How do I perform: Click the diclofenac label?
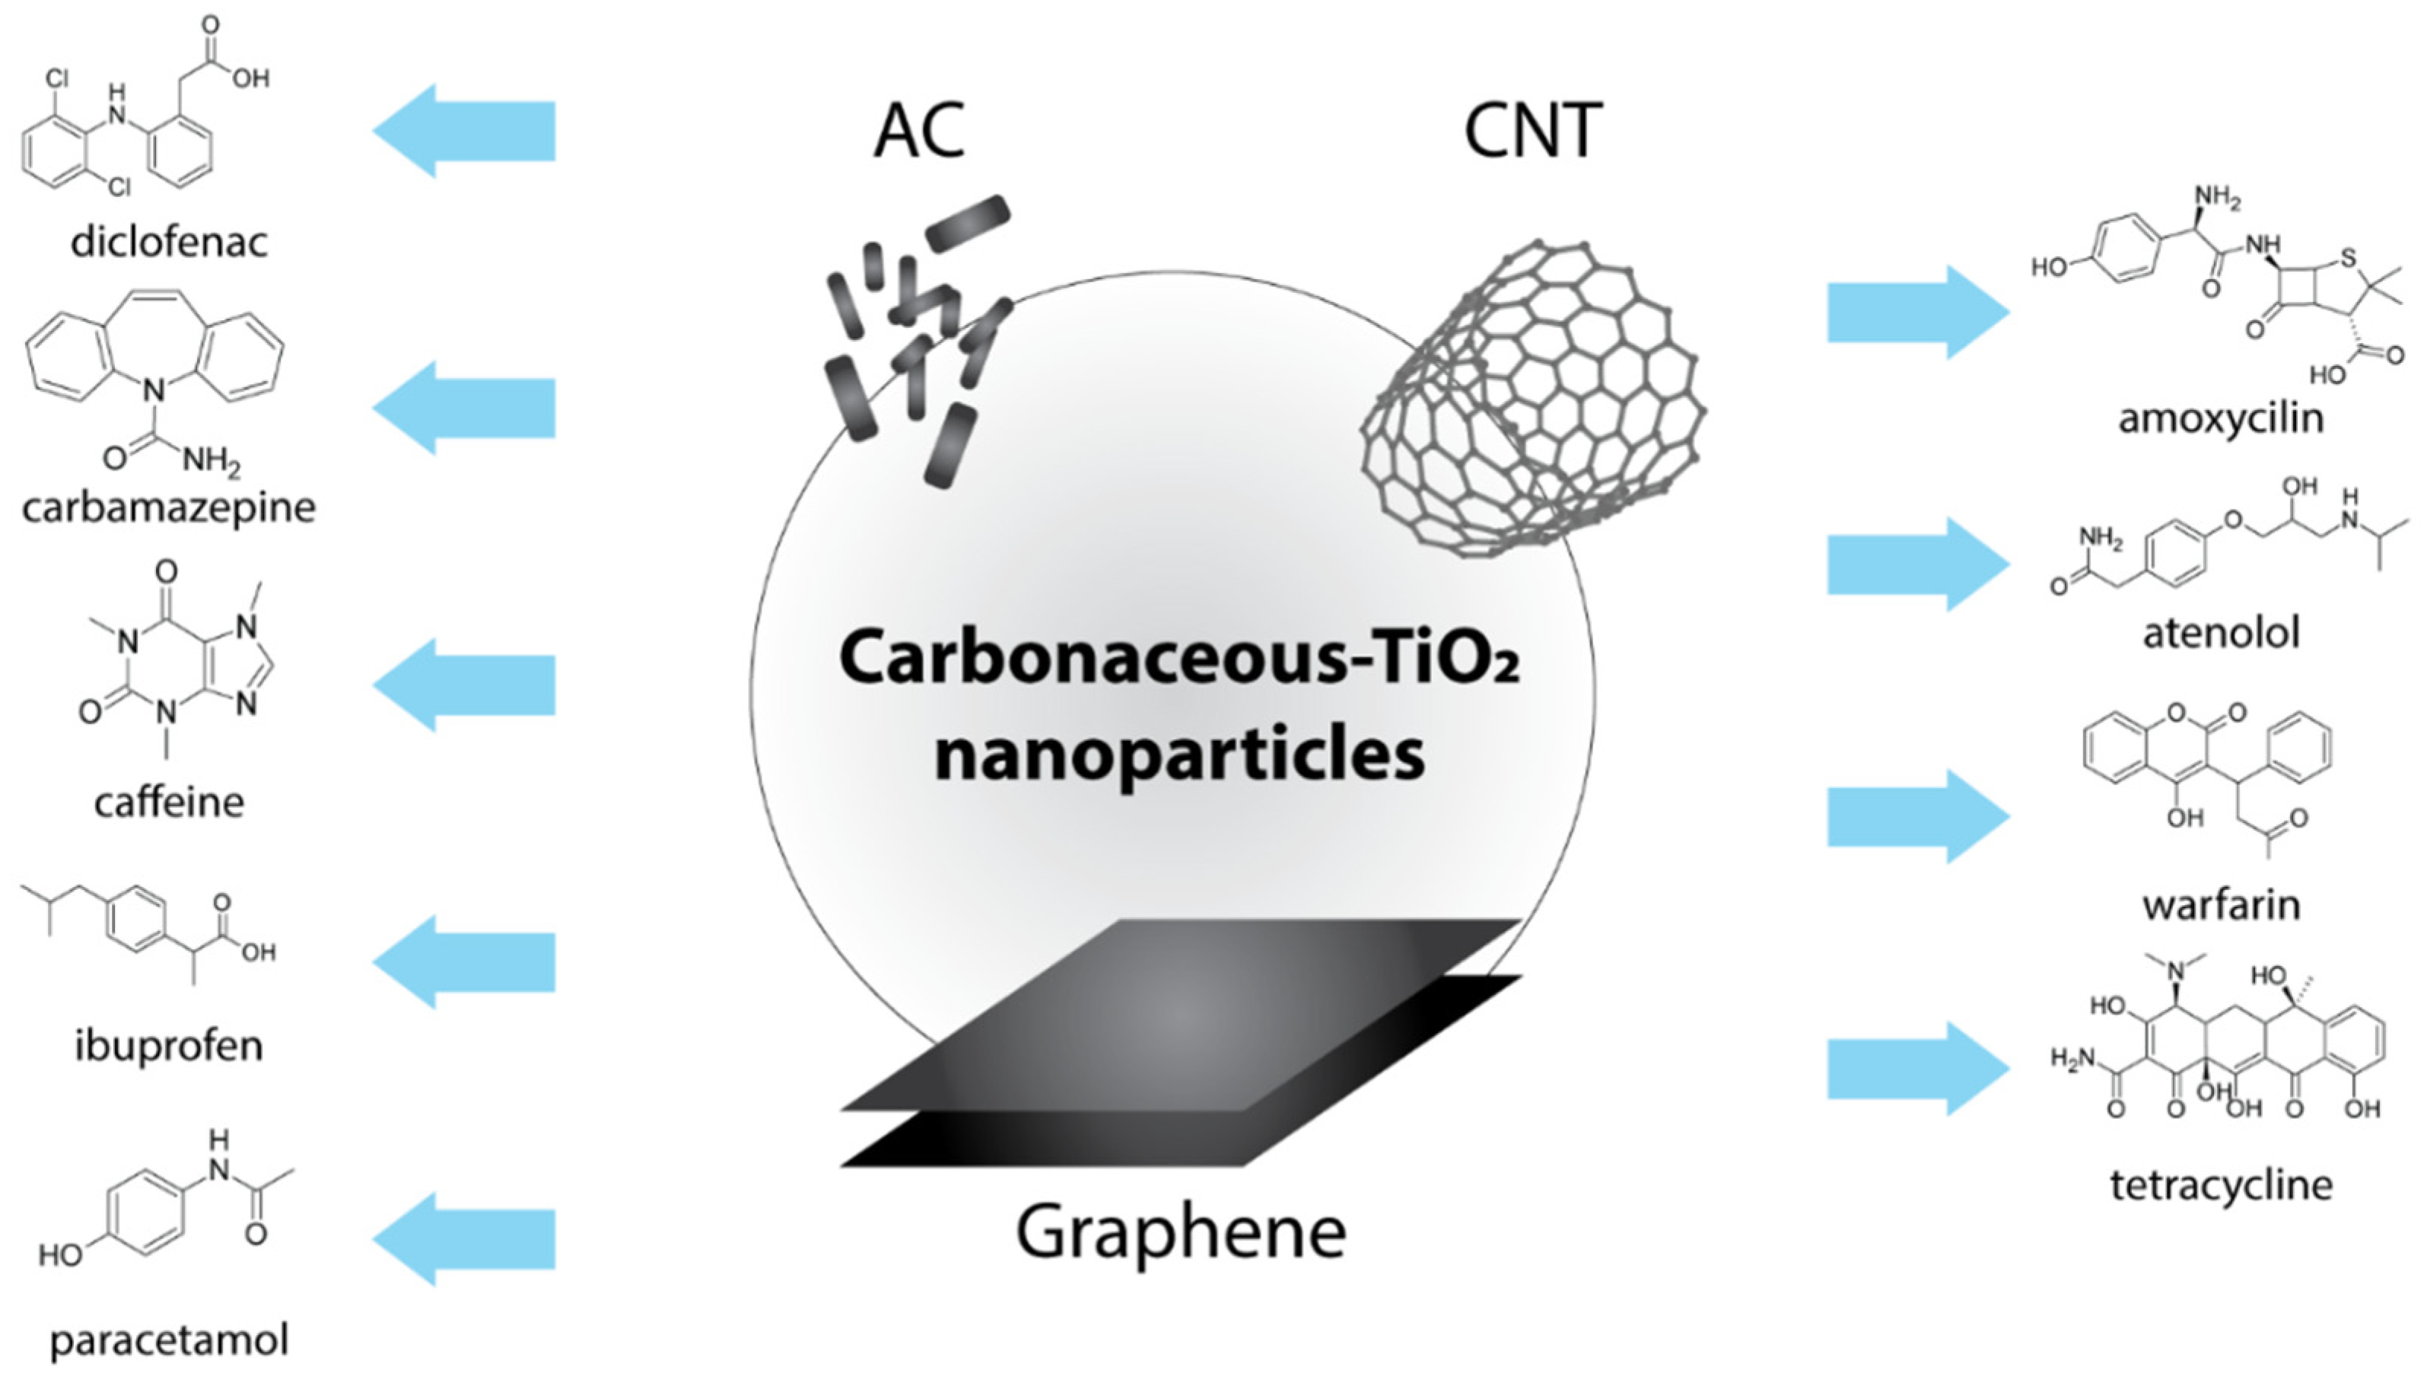tap(169, 243)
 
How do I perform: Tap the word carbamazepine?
tap(169, 507)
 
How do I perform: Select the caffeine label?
tap(169, 803)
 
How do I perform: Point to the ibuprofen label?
tap(169, 1047)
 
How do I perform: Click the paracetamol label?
tap(169, 1340)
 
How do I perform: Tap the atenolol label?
tap(2221, 632)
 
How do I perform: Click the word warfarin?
tap(2221, 904)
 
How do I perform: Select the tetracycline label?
tap(2221, 1185)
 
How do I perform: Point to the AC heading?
tap(920, 131)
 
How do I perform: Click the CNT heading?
tap(1533, 131)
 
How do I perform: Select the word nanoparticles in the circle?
tap(1179, 755)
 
